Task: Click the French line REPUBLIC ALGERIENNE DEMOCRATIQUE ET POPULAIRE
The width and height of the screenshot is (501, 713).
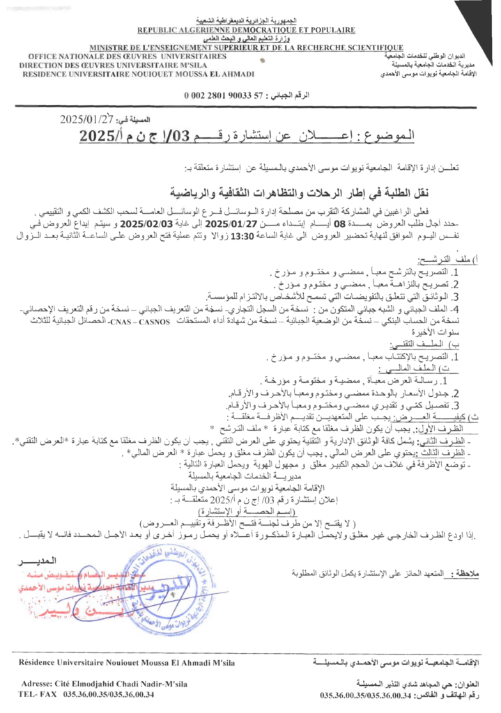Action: click(246, 30)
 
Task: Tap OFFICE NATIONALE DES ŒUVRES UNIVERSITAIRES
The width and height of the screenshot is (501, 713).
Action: click(128, 56)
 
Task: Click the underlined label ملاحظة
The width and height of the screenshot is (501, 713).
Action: click(464, 575)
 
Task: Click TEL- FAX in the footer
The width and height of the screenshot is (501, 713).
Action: click(38, 694)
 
